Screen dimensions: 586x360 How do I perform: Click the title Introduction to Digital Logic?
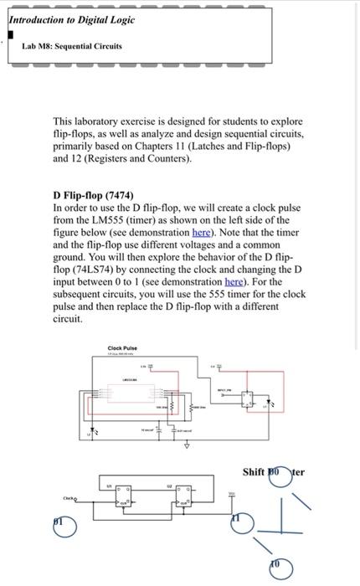[x=65, y=19]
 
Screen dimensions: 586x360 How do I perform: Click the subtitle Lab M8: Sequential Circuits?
[x=71, y=46]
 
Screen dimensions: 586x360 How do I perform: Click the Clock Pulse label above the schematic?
[x=122, y=348]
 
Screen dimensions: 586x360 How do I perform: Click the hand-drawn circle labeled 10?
[x=278, y=566]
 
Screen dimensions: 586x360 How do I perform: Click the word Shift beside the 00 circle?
[x=254, y=471]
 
